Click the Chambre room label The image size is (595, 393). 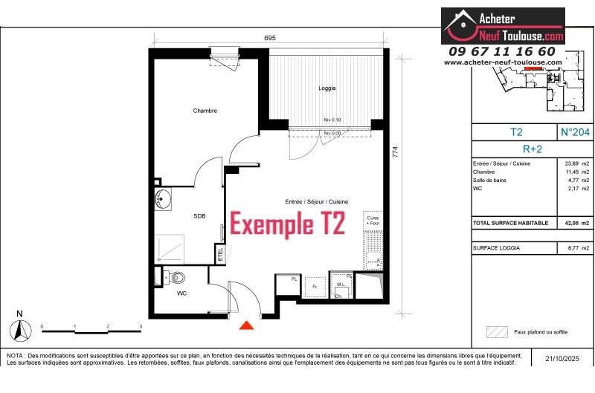tap(205, 111)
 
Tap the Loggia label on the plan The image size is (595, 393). tap(327, 88)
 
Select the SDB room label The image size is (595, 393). tap(199, 216)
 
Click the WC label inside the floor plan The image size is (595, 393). tap(181, 293)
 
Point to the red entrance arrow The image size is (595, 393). tap(246, 325)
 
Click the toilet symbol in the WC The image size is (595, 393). tap(176, 278)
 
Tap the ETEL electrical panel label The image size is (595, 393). tap(219, 253)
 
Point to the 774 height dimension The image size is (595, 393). tap(396, 152)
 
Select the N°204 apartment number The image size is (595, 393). tap(575, 132)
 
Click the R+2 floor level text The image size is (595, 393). tap(533, 148)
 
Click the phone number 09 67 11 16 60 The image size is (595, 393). tap(502, 51)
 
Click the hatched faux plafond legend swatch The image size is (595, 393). tap(495, 331)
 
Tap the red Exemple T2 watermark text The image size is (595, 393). tap(287, 224)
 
